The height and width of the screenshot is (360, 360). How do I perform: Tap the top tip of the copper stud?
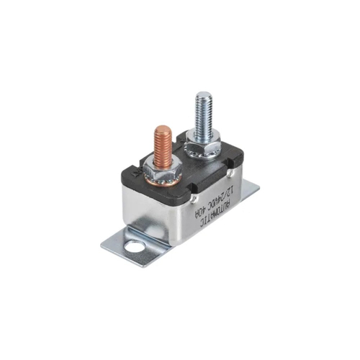coord(163,130)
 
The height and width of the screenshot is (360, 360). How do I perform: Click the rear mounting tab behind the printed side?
coord(249,190)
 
